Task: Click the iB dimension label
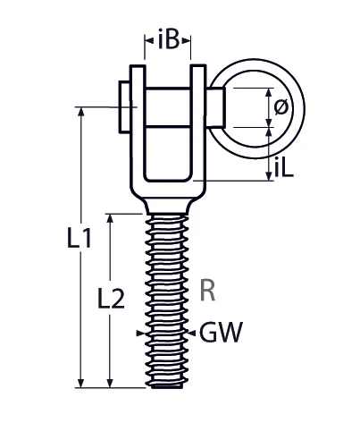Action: [x=167, y=38]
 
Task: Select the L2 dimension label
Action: [x=110, y=301]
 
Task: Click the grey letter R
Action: [x=207, y=290]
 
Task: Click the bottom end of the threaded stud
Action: [x=168, y=385]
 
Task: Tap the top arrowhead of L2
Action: [x=110, y=218]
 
